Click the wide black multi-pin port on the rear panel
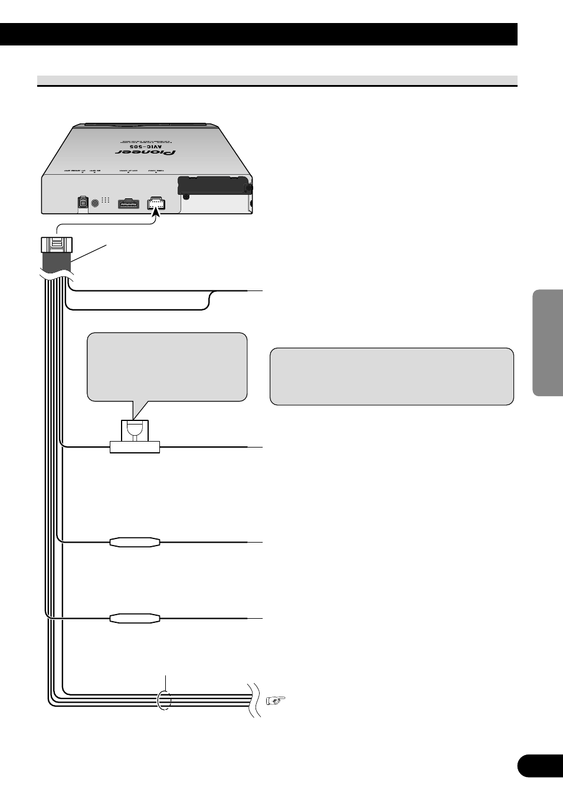tap(128, 204)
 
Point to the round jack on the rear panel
tap(94, 203)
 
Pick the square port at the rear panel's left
tap(82, 203)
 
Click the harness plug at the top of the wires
tap(57, 244)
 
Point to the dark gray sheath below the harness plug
tap(57, 262)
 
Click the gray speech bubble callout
tap(166, 367)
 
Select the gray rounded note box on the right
tap(391, 376)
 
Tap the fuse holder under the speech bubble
tap(135, 438)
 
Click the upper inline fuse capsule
tap(135, 541)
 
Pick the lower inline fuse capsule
tap(135, 618)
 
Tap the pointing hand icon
tap(275, 701)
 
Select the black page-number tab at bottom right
tap(539, 766)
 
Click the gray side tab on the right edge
tap(548, 342)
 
